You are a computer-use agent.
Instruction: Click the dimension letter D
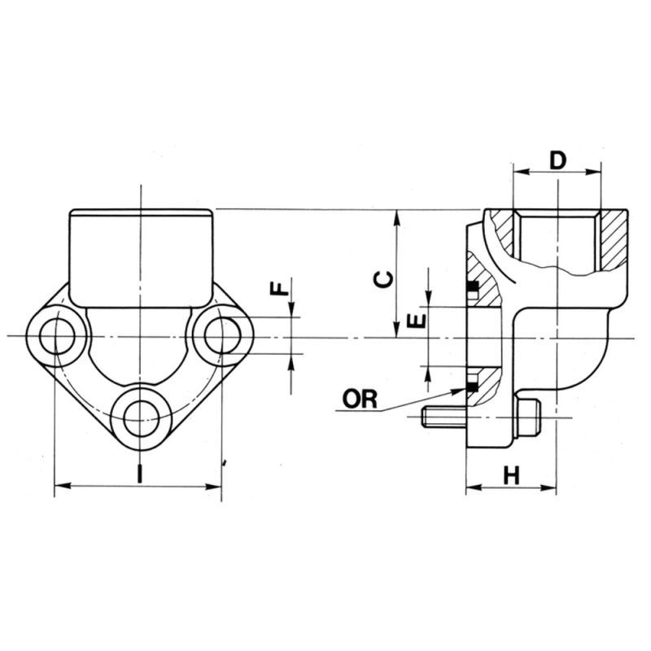(x=557, y=159)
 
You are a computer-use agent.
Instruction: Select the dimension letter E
(x=417, y=319)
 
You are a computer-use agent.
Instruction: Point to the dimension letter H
(x=511, y=475)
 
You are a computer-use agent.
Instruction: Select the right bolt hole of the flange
(x=221, y=336)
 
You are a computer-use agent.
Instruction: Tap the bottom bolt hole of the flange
(x=140, y=415)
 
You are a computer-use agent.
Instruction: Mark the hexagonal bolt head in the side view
(x=527, y=419)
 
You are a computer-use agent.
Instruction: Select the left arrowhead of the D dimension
(x=518, y=172)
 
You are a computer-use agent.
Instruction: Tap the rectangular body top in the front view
(x=140, y=244)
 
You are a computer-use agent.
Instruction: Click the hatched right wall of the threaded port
(x=612, y=240)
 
